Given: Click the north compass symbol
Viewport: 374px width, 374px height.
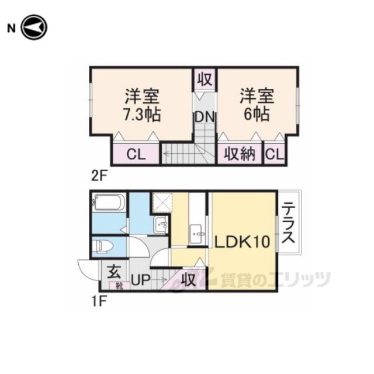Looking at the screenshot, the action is [34, 27].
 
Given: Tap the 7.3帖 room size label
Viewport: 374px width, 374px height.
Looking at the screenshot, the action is [141, 115].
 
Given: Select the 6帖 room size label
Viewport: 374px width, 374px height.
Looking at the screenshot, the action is [257, 114].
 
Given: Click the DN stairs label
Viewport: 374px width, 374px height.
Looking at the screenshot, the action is [205, 117].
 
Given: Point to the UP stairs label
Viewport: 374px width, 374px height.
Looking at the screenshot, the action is [141, 280].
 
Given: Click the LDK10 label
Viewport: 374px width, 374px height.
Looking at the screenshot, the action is [243, 241].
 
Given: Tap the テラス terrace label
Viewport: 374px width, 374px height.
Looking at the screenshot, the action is [289, 222].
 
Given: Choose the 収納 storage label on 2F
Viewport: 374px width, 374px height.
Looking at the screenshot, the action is [240, 154].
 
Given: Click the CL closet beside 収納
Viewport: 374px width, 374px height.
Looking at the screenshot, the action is [275, 154].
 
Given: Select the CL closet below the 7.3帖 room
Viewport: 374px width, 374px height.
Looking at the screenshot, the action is [136, 154].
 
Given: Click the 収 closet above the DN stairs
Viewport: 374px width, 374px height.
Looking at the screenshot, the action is [205, 79].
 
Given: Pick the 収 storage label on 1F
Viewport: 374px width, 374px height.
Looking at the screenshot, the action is [188, 279].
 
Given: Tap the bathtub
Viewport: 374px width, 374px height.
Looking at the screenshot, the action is [109, 203].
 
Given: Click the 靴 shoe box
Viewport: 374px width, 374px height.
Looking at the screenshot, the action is [119, 286].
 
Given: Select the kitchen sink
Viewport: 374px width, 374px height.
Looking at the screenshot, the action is [198, 234].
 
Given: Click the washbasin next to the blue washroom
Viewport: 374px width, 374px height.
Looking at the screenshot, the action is [161, 224].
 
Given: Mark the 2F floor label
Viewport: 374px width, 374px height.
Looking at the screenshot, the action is [99, 176].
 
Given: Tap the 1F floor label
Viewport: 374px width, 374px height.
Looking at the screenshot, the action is [98, 302].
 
